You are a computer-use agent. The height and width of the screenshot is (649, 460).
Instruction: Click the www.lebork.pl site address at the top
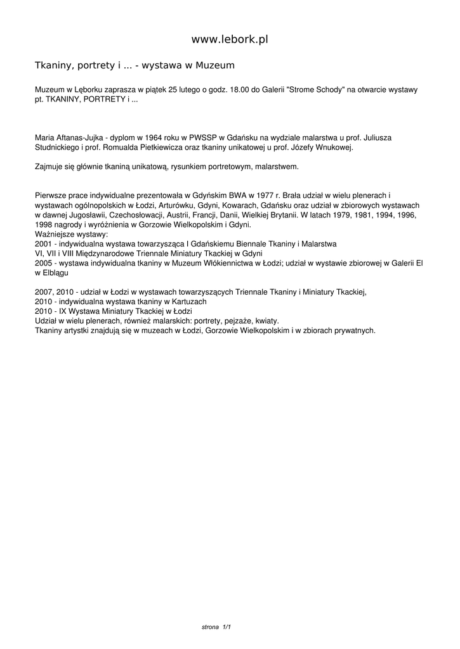click(x=230, y=39)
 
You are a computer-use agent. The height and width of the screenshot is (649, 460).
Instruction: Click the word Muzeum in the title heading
click(x=215, y=65)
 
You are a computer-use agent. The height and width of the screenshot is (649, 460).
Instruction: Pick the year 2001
click(x=43, y=243)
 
